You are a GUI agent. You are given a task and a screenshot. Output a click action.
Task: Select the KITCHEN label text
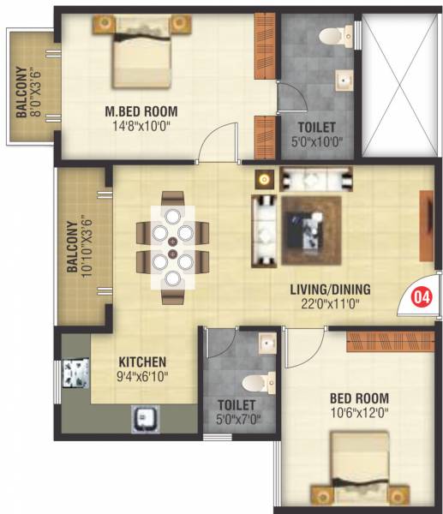coord(142,362)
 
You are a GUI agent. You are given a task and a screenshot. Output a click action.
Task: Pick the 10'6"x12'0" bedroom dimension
coord(358,412)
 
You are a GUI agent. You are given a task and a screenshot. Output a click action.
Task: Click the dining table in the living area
coord(172,246)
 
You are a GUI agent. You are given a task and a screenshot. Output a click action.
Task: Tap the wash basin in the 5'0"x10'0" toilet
coord(344,82)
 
